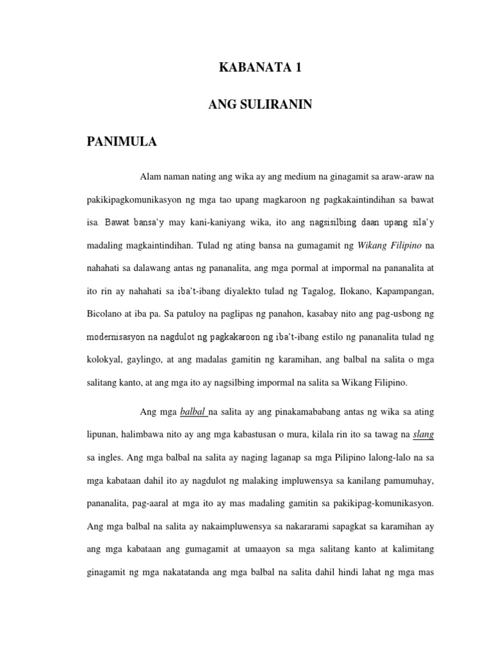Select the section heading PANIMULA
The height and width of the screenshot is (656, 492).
coord(122,142)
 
